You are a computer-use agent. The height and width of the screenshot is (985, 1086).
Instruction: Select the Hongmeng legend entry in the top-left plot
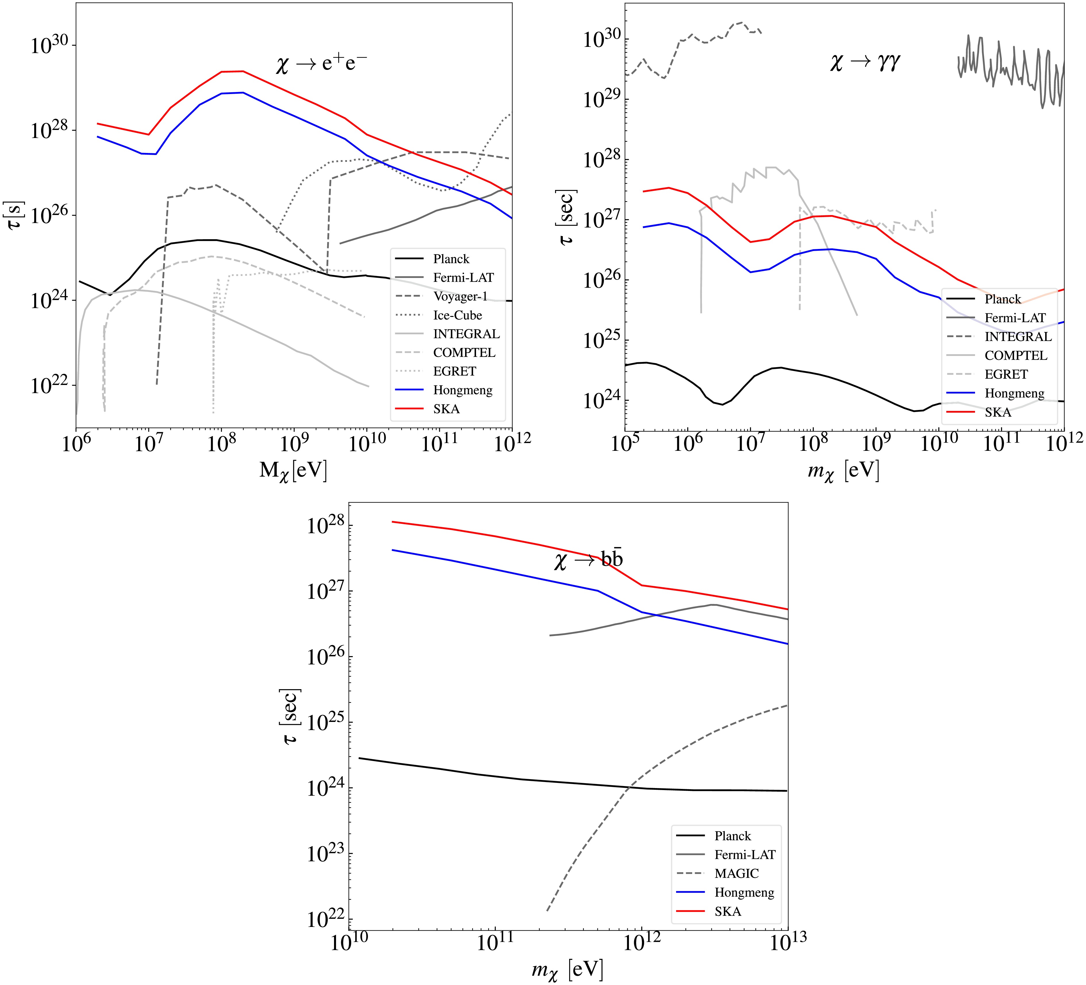click(463, 390)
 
